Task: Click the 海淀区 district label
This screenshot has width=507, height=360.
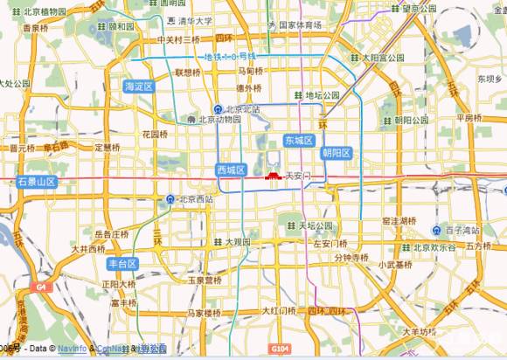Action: coord(138,87)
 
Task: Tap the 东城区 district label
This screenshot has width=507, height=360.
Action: coord(299,141)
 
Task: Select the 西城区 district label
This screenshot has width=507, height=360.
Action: coord(232,170)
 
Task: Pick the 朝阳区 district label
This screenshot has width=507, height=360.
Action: coord(337,153)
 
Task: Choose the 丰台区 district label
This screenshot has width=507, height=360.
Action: coord(122,263)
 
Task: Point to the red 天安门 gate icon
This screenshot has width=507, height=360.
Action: coord(273,175)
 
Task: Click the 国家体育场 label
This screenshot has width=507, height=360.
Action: coord(301,25)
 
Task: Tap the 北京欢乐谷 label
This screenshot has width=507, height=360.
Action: coord(434,247)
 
